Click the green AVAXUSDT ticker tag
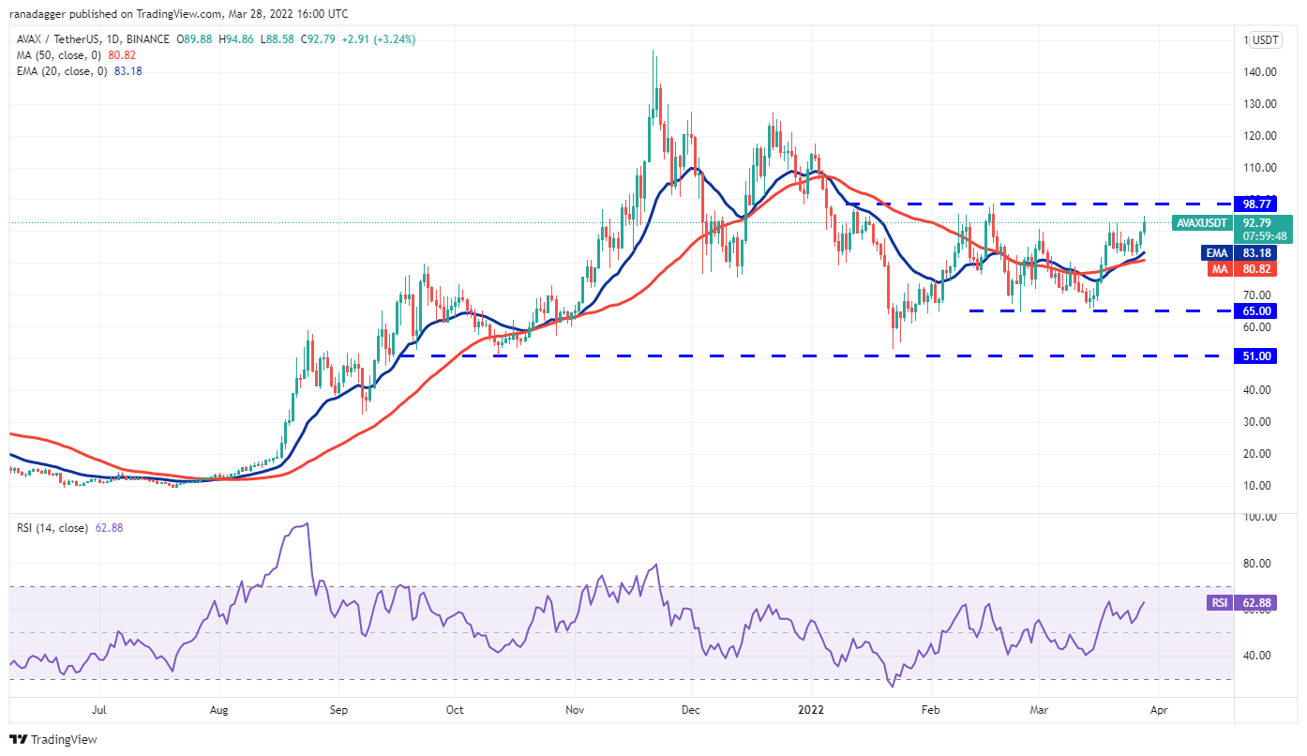click(x=1203, y=223)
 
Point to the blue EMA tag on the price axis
click(x=1215, y=252)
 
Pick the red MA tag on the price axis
click(x=1216, y=268)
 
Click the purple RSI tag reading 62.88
click(x=1220, y=603)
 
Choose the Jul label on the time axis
click(x=98, y=711)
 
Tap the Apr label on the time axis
click(x=1158, y=711)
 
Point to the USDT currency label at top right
click(x=1266, y=40)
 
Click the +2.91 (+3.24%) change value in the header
click(x=379, y=39)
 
